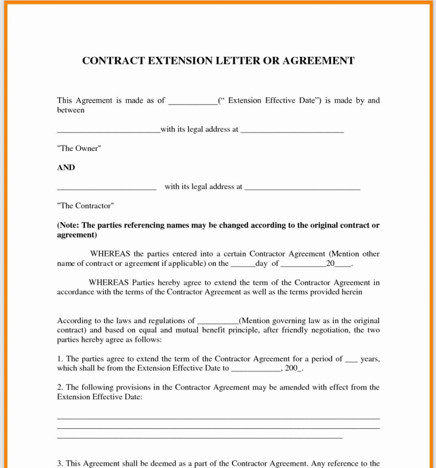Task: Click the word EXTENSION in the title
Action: [180, 61]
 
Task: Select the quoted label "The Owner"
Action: [79, 149]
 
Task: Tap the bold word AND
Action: [66, 167]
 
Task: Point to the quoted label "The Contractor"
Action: [85, 206]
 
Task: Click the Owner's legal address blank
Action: [292, 131]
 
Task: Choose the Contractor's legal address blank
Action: [302, 188]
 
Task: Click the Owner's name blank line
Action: [108, 131]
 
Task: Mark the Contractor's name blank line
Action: [106, 188]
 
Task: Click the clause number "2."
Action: [60, 387]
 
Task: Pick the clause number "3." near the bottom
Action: [60, 463]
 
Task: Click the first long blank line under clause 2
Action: [218, 418]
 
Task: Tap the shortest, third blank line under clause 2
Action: [199, 438]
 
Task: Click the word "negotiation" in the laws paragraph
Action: [329, 330]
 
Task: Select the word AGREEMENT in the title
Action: [318, 61]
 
